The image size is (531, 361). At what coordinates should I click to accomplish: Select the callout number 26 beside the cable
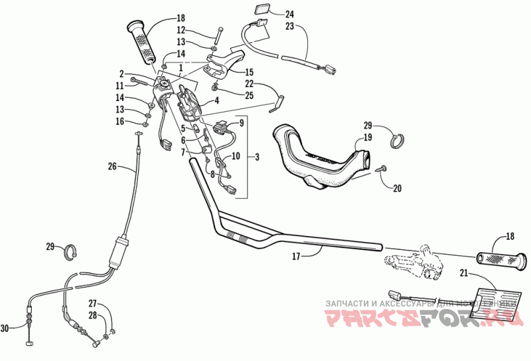pyautogui.click(x=111, y=167)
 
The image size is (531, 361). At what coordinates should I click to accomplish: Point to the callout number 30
pyautogui.click(x=5, y=327)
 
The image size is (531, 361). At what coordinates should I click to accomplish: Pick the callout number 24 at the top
pyautogui.click(x=289, y=14)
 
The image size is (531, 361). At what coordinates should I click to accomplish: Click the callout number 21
pyautogui.click(x=463, y=273)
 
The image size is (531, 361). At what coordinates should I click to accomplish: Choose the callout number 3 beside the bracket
pyautogui.click(x=256, y=156)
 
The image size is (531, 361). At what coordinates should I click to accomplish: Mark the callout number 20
pyautogui.click(x=397, y=188)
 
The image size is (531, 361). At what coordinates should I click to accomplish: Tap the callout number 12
pyautogui.click(x=181, y=30)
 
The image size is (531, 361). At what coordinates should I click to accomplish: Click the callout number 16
pyautogui.click(x=120, y=121)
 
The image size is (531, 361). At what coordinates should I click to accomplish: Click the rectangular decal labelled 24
pyautogui.click(x=260, y=11)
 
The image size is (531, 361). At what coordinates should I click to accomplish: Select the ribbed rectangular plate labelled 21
pyautogui.click(x=493, y=300)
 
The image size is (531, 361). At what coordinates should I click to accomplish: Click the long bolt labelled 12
pyautogui.click(x=218, y=36)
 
